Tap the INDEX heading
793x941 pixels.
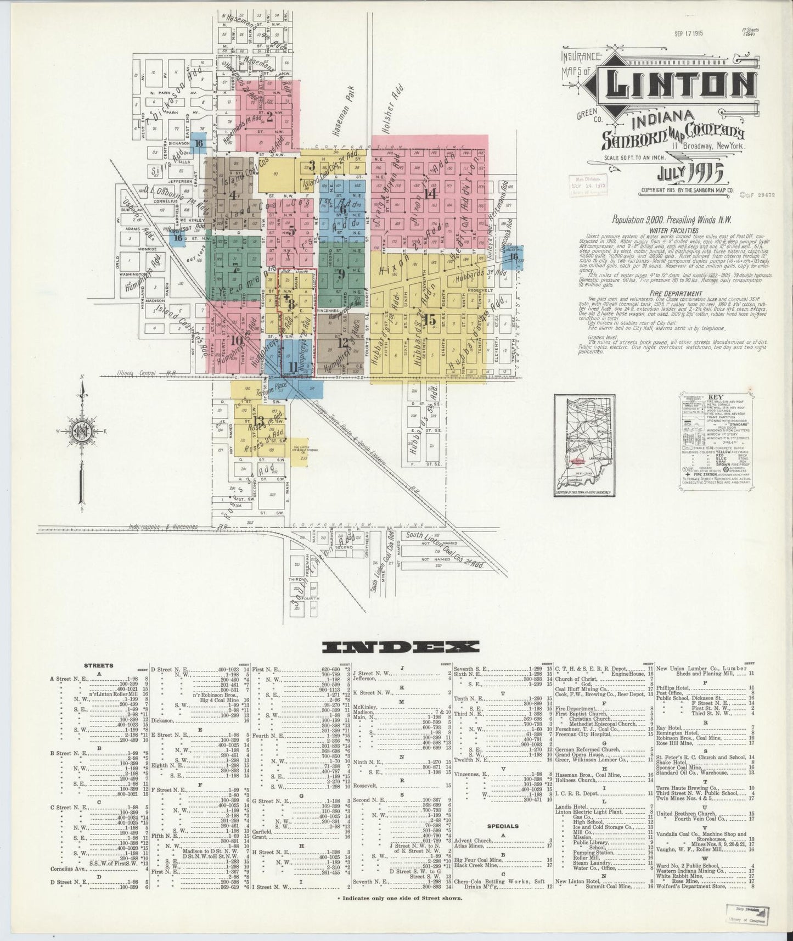(x=401, y=647)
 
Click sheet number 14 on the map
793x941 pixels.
(x=429, y=193)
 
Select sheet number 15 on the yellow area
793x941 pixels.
(x=430, y=320)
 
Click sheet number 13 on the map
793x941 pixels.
(x=258, y=422)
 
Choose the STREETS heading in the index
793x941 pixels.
(x=99, y=665)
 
